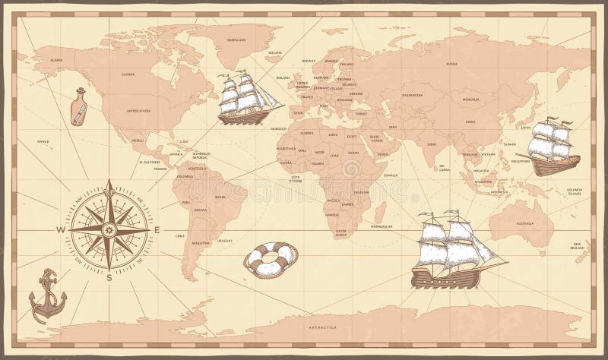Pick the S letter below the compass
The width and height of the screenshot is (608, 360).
(109, 278)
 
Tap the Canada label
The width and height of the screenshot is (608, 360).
(128, 74)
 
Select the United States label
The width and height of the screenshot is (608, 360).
(139, 111)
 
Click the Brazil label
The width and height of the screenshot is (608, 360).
(220, 197)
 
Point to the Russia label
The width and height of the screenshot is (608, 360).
(452, 64)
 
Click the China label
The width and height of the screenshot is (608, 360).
(470, 122)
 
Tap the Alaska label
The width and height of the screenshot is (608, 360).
(55, 59)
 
